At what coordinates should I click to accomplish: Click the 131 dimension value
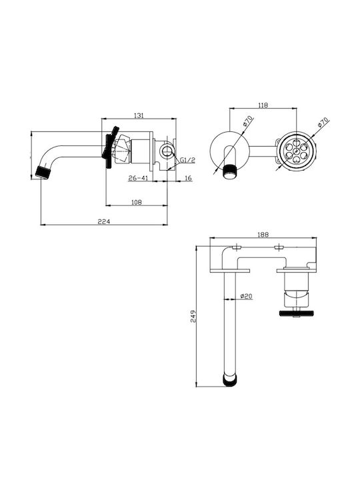click(139, 115)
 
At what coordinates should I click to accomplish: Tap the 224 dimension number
click(104, 221)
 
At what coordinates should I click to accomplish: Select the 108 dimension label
click(137, 202)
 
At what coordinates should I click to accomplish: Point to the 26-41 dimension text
click(138, 178)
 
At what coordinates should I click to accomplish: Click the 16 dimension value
click(188, 178)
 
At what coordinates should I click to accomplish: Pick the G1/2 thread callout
click(187, 160)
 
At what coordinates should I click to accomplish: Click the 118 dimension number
click(263, 105)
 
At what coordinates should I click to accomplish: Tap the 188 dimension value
click(263, 235)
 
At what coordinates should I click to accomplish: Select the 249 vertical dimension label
click(193, 316)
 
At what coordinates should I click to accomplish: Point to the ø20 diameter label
click(247, 296)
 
